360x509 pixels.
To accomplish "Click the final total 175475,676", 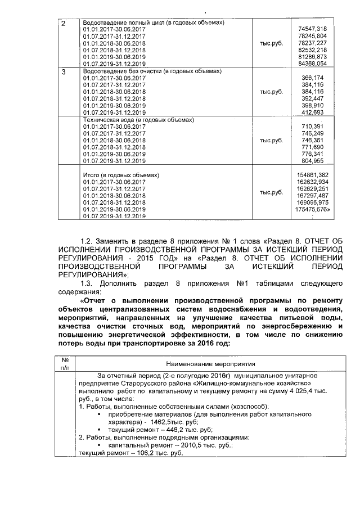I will [312, 209].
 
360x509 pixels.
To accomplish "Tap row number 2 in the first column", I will [63, 23].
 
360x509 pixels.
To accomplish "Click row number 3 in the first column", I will [63, 72].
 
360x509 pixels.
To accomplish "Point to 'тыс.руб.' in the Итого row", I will [271, 192].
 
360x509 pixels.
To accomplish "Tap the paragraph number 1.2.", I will [89, 241].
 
